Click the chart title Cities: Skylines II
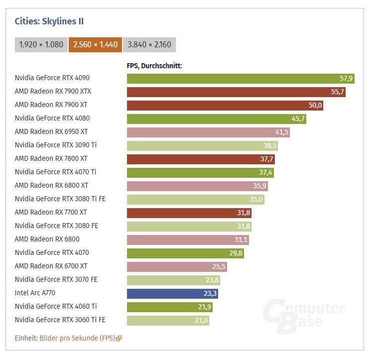tap(49, 21)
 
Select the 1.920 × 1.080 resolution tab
tap(41, 44)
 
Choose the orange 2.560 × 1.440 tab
tap(95, 44)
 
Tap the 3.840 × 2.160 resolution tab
tap(149, 44)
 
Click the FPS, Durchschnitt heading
tap(154, 66)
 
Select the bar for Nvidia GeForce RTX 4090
tap(241, 79)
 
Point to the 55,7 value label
tap(338, 92)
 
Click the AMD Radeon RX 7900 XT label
tap(51, 105)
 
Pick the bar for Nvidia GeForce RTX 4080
tap(217, 119)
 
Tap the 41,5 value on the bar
tap(281, 132)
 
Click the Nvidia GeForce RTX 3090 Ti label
tap(56, 145)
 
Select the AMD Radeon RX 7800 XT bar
tap(201, 159)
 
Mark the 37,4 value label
tap(265, 172)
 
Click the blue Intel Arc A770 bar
tap(172, 294)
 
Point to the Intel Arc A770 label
tap(35, 293)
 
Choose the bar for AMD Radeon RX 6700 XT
tap(177, 267)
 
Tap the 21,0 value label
tap(201, 320)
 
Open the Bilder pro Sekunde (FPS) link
tap(77, 338)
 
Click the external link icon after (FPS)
tap(119, 339)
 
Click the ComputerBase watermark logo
tap(304, 316)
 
